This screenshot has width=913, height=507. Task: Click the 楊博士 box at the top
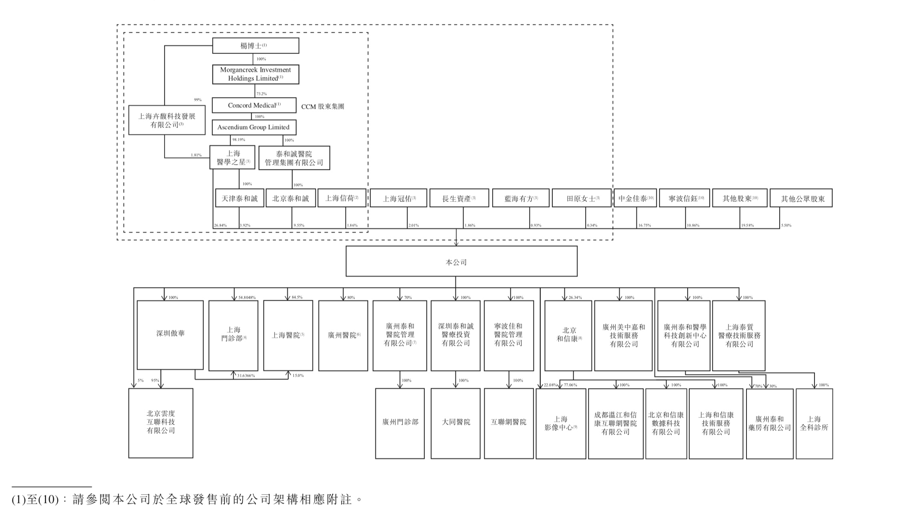[x=255, y=46]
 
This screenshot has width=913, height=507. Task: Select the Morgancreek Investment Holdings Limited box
[x=255, y=74]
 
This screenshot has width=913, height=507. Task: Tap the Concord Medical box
[x=254, y=105]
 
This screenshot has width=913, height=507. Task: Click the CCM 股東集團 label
[x=322, y=107]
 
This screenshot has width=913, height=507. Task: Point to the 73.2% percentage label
[x=261, y=94]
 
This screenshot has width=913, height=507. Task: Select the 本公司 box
[x=461, y=261]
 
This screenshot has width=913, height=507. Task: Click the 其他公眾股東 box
[x=801, y=198]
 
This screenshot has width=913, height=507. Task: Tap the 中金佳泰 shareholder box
[x=635, y=198]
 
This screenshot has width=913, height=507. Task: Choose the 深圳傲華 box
[x=170, y=334]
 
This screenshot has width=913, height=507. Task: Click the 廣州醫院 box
[x=343, y=335]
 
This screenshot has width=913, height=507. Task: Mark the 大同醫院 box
[x=455, y=423]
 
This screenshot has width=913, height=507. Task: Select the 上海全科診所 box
[x=814, y=423]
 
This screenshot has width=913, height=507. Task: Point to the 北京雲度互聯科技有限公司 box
[x=161, y=423]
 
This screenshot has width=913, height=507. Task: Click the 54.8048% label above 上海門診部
[x=247, y=297]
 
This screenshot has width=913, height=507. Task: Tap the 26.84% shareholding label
[x=220, y=226]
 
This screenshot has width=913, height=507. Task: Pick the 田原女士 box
[x=581, y=198]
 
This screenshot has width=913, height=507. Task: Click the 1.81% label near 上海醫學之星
[x=196, y=155]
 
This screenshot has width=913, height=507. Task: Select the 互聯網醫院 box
[x=508, y=423]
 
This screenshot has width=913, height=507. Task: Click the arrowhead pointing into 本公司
[x=456, y=243]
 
